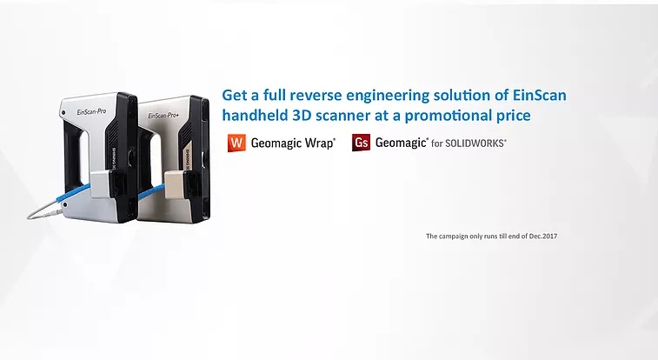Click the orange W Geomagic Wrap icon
click(x=236, y=143)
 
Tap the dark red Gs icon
click(x=361, y=143)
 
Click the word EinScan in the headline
click(x=540, y=96)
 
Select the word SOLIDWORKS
click(x=475, y=143)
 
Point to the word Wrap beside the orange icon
click(x=319, y=143)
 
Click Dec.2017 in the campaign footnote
click(x=543, y=237)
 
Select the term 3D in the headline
click(x=302, y=116)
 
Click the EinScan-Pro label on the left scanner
click(x=92, y=112)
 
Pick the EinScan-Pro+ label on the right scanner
click(x=163, y=116)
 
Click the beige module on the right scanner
click(x=175, y=184)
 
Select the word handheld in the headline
click(x=255, y=116)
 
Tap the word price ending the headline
click(x=514, y=117)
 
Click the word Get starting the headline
click(x=234, y=96)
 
